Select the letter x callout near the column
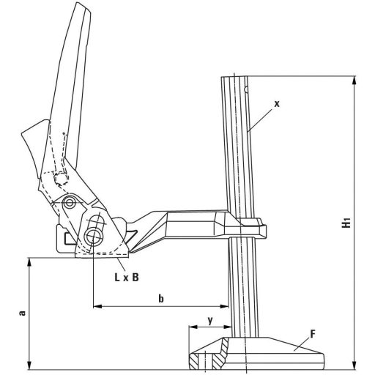coord(277,104)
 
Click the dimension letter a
coord(23,313)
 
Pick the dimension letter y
coord(209,319)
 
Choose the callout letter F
coord(312,334)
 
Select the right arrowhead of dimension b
coord(226,305)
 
